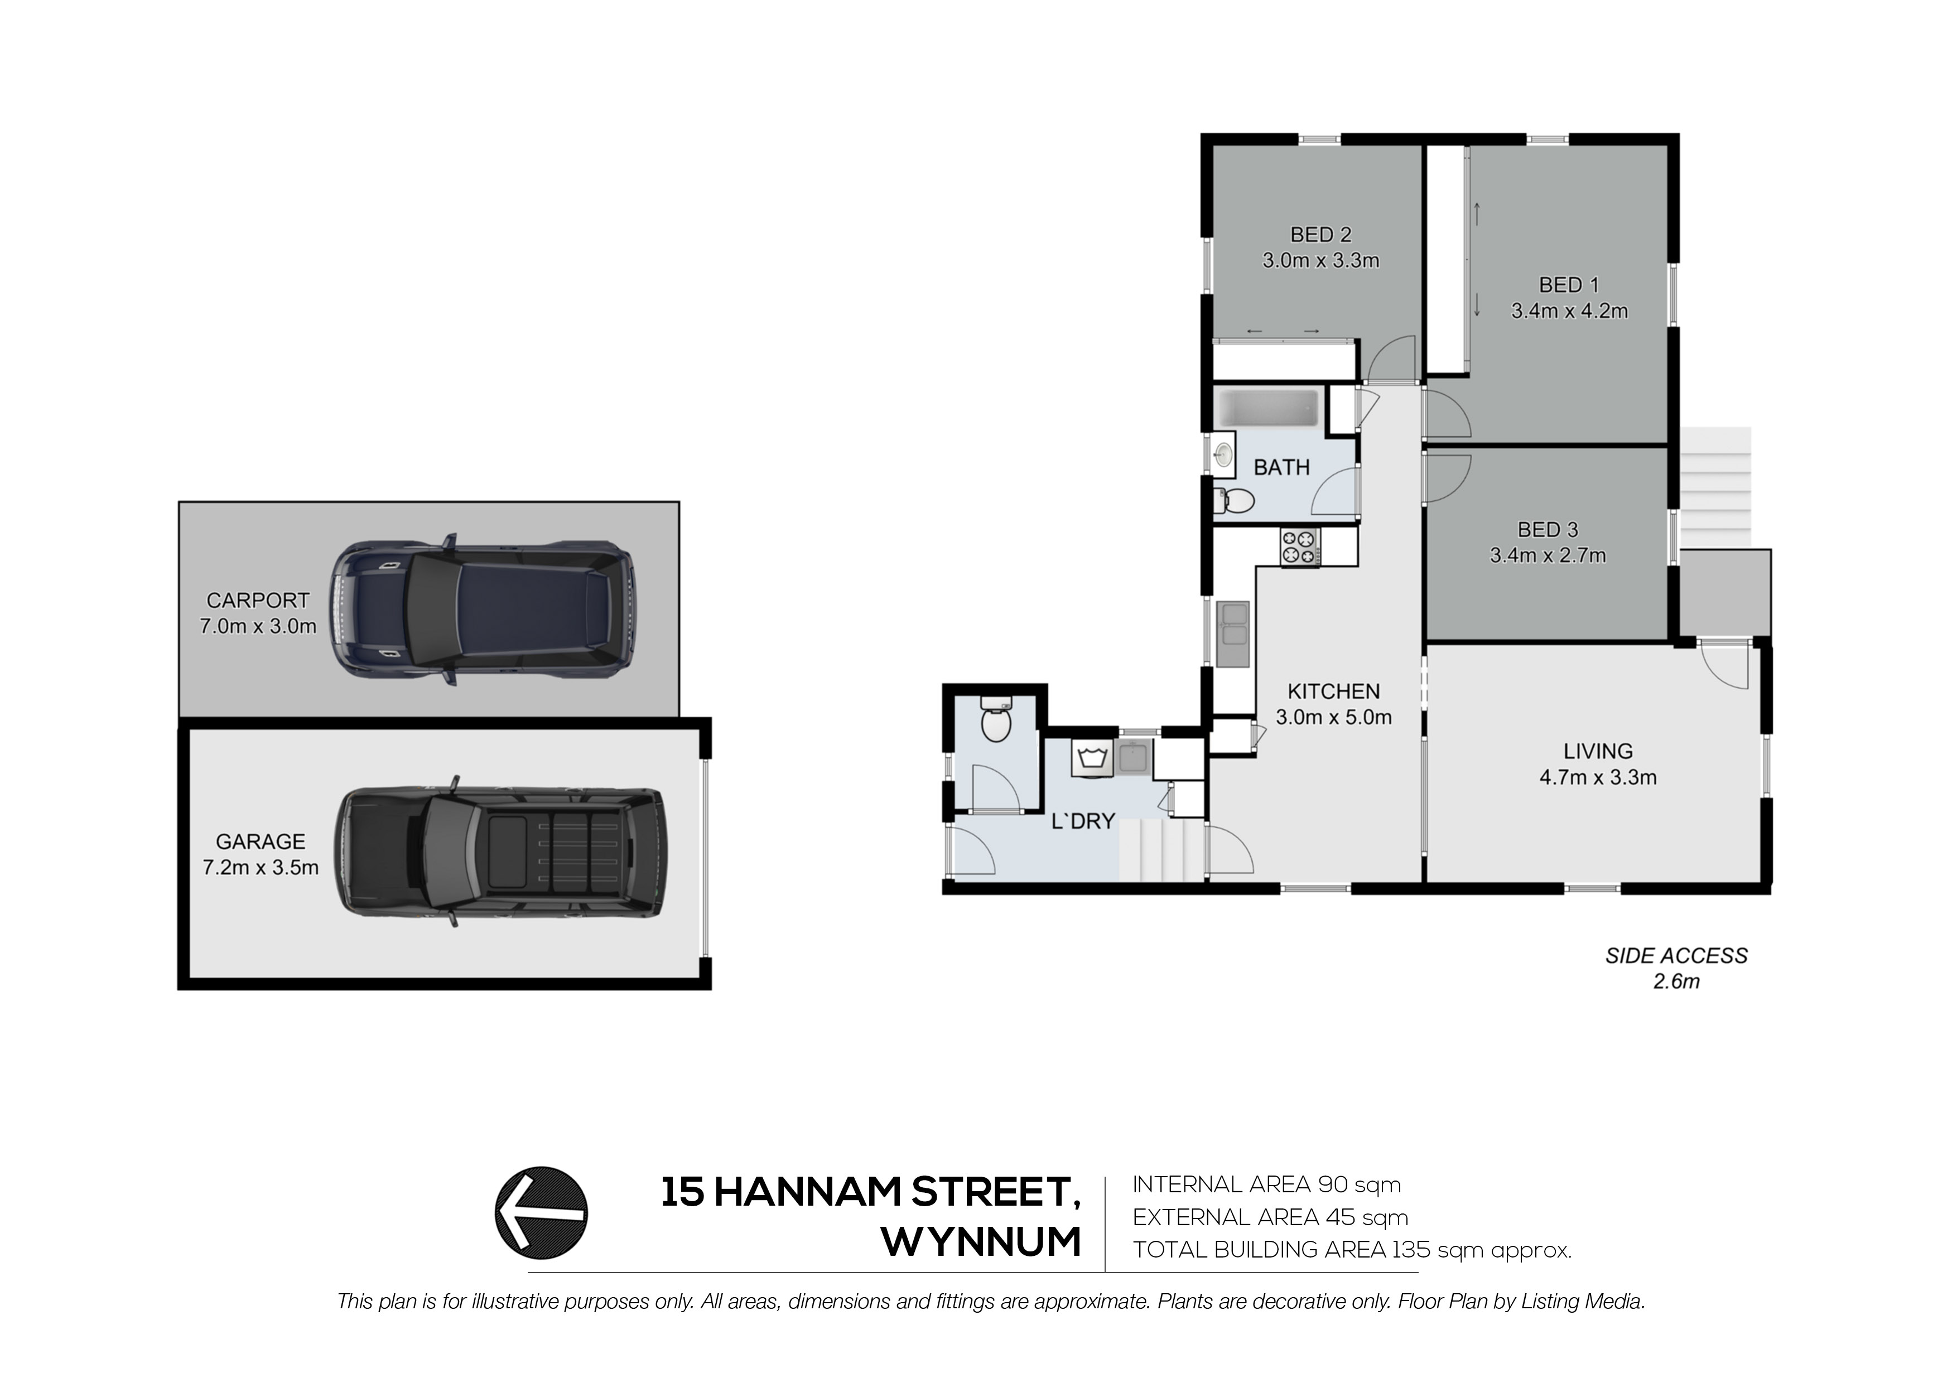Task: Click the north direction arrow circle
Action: coord(541,1212)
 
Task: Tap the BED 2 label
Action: coord(1320,234)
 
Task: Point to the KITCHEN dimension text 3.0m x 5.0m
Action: coord(1333,718)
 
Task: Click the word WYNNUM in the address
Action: coord(981,1242)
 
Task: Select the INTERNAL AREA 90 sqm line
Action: coord(1266,1184)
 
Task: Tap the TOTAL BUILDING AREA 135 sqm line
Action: coord(1352,1250)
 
